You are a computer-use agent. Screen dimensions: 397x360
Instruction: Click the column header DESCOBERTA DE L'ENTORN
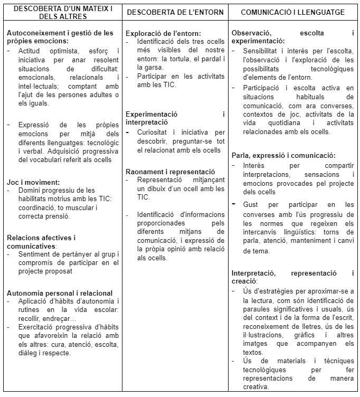pyautogui.click(x=175, y=12)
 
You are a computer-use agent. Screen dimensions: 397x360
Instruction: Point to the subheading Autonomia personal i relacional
pyautogui.click(x=60, y=293)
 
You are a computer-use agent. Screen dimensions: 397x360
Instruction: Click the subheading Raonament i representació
pyautogui.click(x=170, y=172)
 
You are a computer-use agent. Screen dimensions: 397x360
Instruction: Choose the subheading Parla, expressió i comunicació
pyautogui.click(x=283, y=155)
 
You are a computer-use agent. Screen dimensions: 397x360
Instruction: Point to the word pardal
pyautogui.click(x=210, y=58)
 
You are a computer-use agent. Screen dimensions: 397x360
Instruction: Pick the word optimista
pyautogui.click(x=60, y=51)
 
